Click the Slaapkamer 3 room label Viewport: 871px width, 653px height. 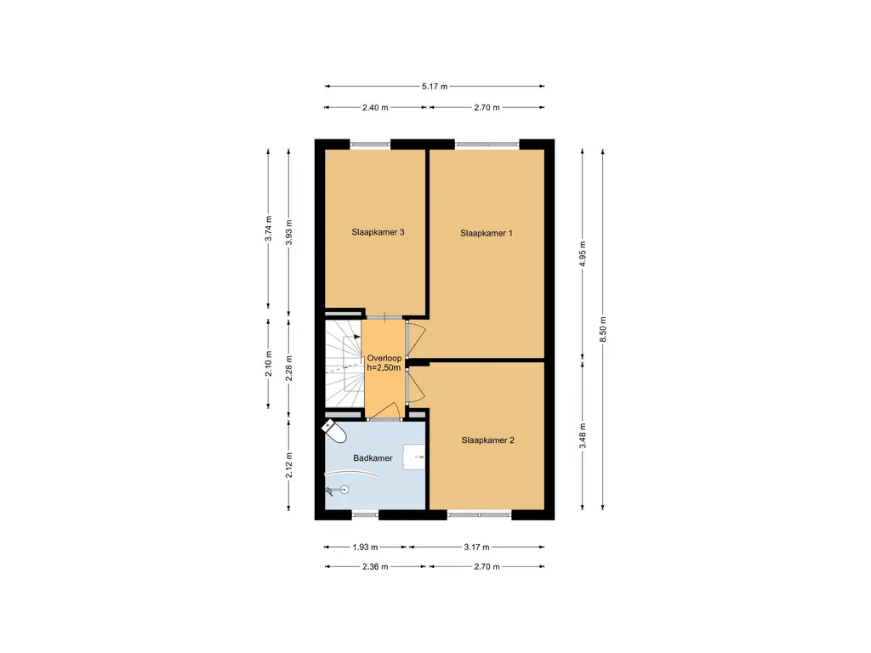point(378,232)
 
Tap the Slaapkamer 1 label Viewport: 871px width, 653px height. point(487,233)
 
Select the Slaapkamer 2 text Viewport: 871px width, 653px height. point(487,440)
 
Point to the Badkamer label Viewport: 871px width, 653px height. point(373,458)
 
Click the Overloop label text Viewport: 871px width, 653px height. point(384,358)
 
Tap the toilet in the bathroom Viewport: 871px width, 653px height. point(333,431)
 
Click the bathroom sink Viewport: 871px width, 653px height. point(414,457)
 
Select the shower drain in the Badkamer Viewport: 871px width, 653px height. point(344,489)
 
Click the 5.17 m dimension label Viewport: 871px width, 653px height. point(435,87)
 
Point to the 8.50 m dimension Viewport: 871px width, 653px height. point(603,330)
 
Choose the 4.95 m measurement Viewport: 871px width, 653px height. point(583,253)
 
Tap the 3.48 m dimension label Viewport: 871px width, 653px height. point(583,436)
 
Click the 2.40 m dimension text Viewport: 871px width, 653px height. point(375,108)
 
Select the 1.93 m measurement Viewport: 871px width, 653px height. point(365,548)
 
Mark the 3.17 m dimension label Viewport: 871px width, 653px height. point(476,548)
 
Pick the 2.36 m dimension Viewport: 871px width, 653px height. point(375,567)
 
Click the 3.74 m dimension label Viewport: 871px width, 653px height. point(268,228)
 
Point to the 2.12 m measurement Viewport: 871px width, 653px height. point(289,465)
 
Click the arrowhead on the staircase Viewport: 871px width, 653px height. point(356,337)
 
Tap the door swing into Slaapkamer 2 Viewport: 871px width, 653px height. point(418,387)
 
